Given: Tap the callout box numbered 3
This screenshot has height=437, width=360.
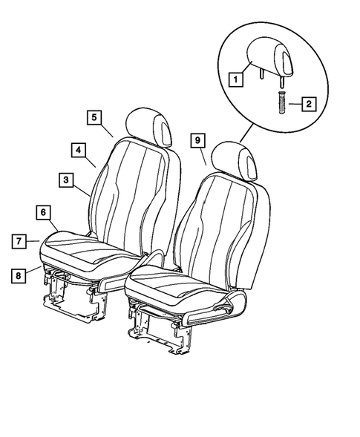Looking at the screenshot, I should [66, 180].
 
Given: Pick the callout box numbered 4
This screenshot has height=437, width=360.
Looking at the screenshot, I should [78, 149].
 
